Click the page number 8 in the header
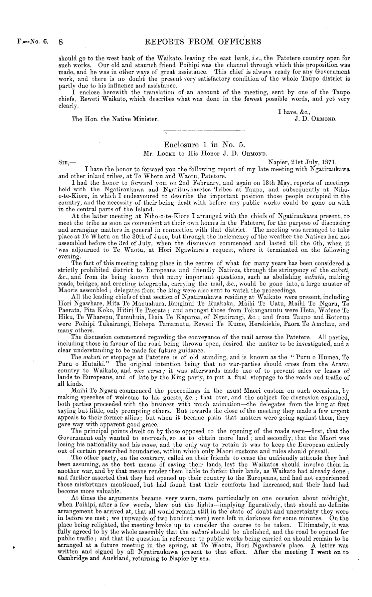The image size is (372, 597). point(61,42)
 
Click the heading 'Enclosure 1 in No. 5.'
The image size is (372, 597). point(205,145)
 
